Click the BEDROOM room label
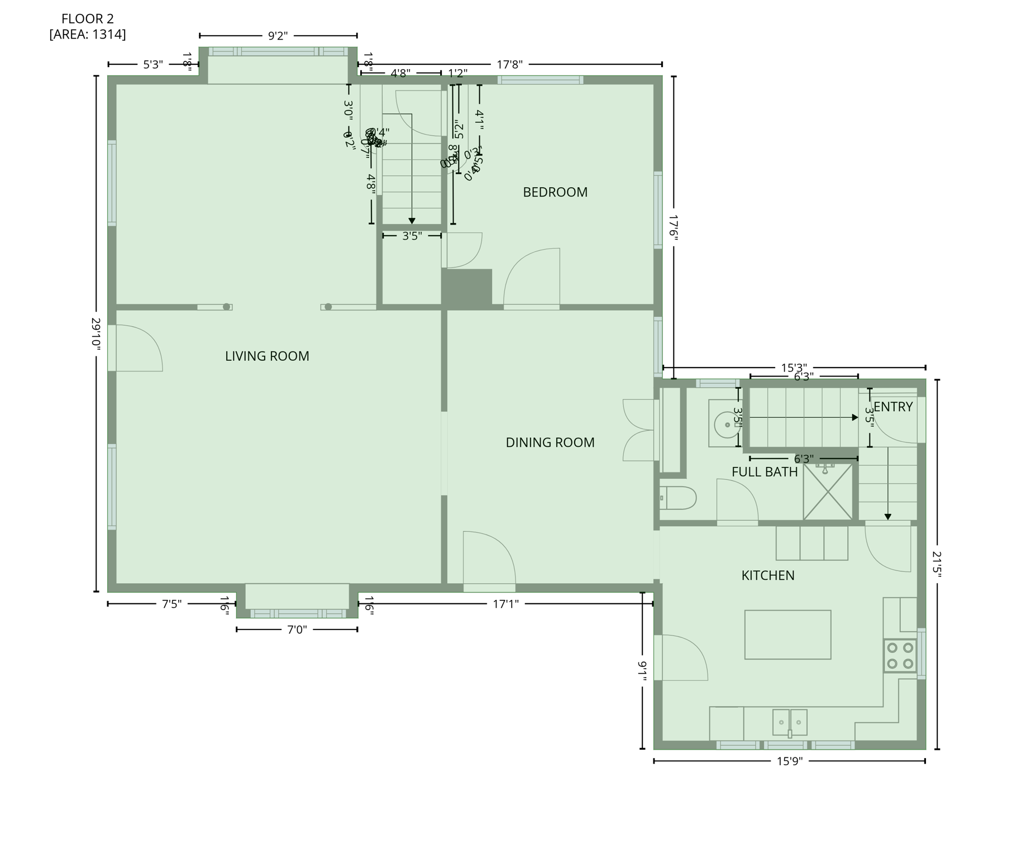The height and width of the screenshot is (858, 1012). [555, 192]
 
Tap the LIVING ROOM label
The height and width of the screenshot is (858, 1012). [267, 356]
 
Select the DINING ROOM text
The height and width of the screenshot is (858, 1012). [550, 442]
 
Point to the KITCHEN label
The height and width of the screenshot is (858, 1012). [768, 575]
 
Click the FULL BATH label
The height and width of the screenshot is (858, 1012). [765, 472]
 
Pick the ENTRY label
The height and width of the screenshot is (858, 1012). [893, 407]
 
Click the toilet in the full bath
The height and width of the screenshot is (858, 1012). [679, 498]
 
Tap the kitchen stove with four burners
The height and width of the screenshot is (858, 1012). [900, 656]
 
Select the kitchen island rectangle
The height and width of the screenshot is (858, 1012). [787, 635]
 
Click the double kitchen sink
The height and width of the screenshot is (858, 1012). [790, 722]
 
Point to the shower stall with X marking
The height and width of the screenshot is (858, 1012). [828, 492]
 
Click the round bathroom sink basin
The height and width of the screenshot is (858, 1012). [727, 425]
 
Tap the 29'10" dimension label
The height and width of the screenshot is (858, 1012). [96, 334]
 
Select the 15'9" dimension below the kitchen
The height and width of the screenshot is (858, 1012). [790, 761]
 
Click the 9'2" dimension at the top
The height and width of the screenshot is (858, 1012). [278, 36]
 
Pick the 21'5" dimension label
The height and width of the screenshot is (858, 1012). [937, 564]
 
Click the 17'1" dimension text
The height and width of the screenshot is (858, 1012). [506, 604]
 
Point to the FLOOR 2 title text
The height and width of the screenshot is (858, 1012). [88, 19]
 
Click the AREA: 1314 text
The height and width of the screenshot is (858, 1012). [88, 35]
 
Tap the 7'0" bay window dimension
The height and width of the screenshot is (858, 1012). [297, 630]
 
